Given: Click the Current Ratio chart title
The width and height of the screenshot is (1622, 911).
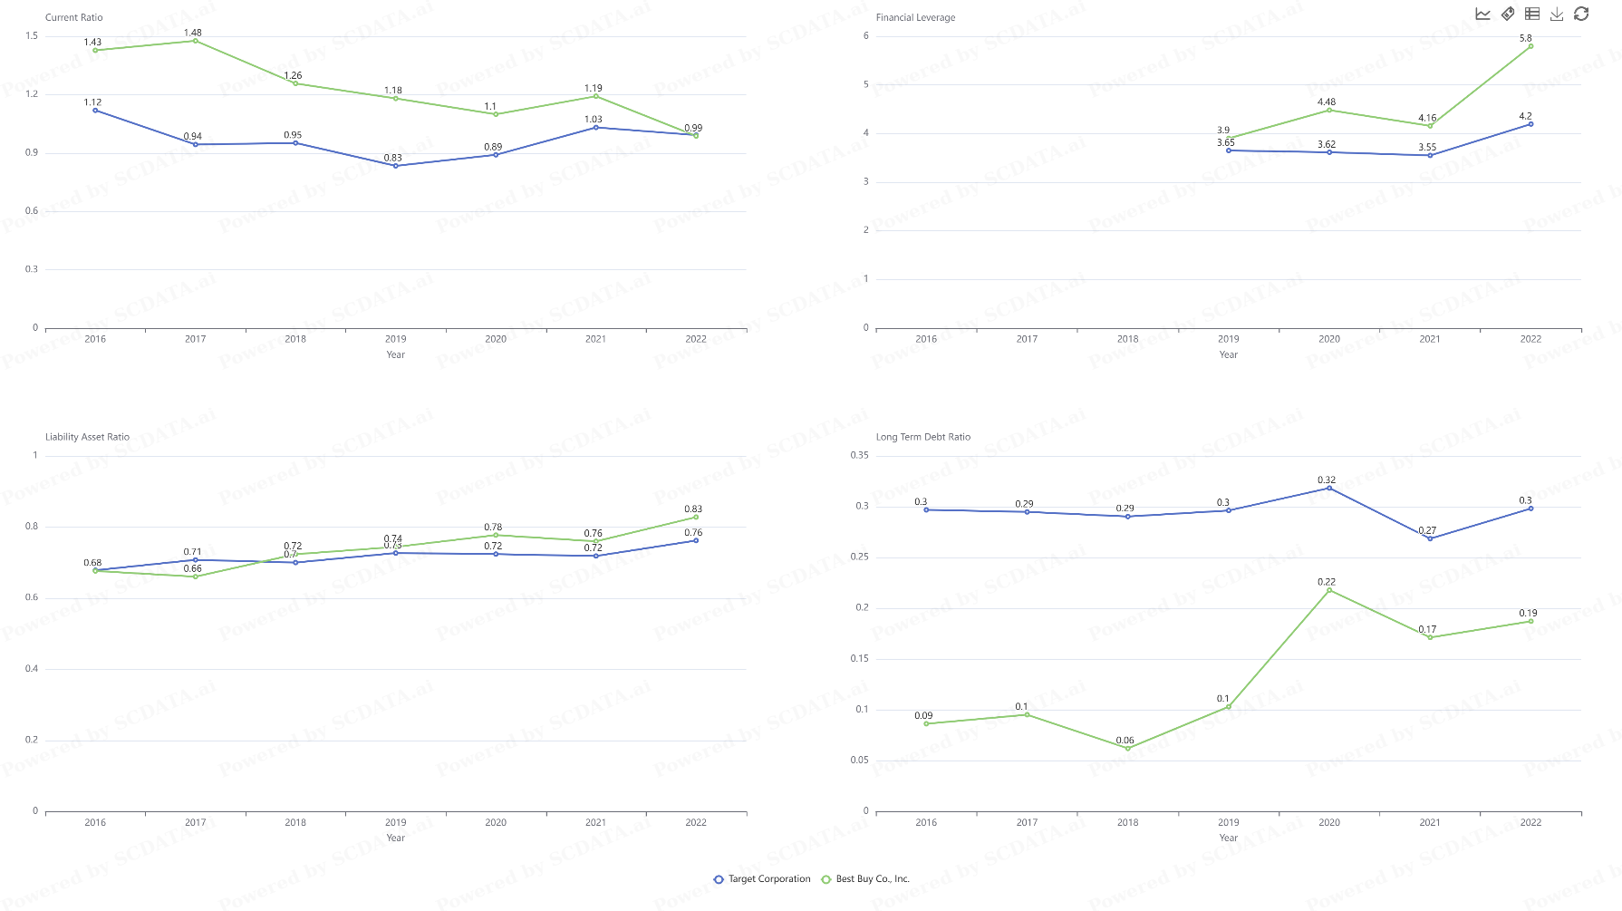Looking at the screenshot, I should point(73,17).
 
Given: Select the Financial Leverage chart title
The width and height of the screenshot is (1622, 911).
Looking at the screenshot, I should point(915,17).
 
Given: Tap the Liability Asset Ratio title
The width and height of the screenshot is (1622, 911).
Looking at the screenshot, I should point(87,437).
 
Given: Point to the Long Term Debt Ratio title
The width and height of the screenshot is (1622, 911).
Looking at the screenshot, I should point(922,437).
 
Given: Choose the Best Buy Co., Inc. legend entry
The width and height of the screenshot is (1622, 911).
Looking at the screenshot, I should point(865,879).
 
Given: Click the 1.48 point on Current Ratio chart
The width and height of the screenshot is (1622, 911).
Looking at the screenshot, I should point(195,41).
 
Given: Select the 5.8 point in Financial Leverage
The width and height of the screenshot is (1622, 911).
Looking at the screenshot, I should point(1530,46).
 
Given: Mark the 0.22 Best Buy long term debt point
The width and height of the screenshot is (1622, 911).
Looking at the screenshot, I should point(1329,590).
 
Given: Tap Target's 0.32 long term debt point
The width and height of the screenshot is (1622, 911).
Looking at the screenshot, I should point(1329,489).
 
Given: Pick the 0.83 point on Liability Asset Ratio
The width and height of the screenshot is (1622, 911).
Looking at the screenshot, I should point(696,517).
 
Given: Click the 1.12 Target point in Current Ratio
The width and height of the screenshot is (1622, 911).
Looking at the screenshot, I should point(95,111).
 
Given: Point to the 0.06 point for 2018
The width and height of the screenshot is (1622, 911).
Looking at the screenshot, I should point(1127,749).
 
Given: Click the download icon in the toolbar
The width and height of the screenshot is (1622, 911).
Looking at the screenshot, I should point(1557,14).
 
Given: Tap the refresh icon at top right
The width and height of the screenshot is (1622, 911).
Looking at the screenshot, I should point(1581,14).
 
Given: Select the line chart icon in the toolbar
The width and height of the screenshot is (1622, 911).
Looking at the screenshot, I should point(1483,14).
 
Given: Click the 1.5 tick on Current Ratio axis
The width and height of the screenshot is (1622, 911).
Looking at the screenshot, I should point(33,36).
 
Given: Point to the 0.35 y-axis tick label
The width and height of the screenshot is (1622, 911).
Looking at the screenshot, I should point(859,455).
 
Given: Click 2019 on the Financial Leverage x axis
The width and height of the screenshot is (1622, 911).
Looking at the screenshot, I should point(1228,339).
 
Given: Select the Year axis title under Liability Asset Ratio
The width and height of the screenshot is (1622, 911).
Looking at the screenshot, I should point(395,838).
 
